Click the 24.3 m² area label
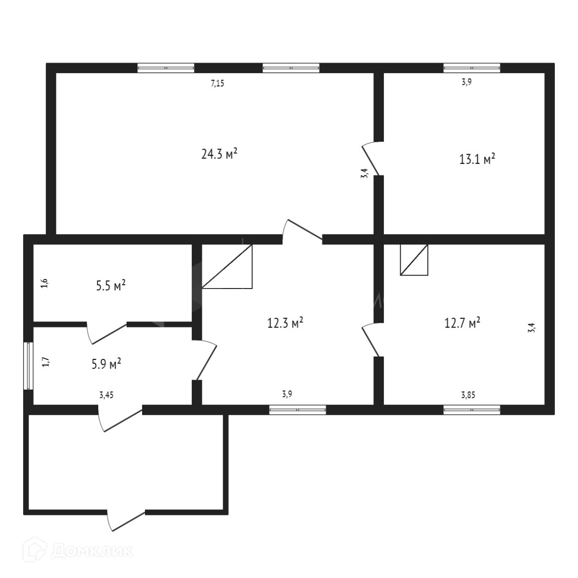[219, 154]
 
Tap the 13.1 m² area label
[477, 159]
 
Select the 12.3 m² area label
[285, 322]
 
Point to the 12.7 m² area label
[462, 323]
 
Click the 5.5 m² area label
[111, 286]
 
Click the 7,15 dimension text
[218, 83]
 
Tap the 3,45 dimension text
[106, 396]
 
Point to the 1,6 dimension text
[45, 284]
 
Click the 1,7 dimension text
[45, 362]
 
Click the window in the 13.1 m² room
[472, 68]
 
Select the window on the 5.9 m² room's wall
[28, 365]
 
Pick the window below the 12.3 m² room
[298, 410]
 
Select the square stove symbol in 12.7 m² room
[414, 260]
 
